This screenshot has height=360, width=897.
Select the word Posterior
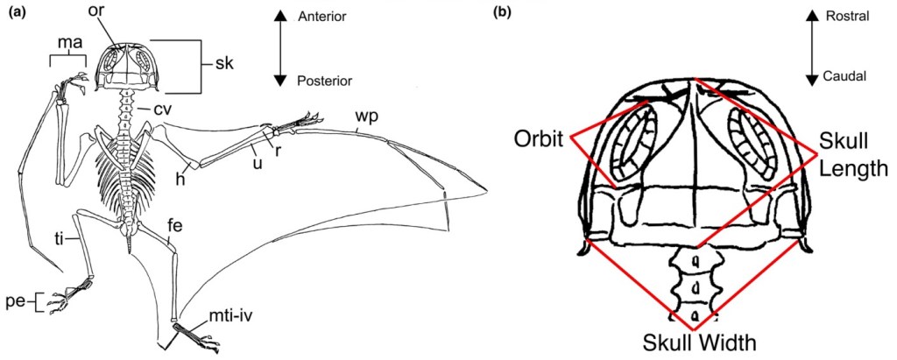tap(324, 80)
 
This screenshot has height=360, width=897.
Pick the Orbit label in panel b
tap(538, 139)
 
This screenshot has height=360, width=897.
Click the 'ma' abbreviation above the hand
tap(68, 42)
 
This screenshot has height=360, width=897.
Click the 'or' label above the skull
tap(95, 11)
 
